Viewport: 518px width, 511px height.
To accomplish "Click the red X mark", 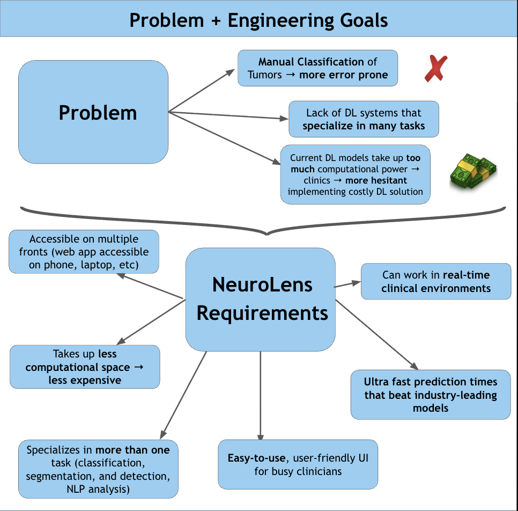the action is (436, 69).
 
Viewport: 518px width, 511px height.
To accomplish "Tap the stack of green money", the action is (473, 171).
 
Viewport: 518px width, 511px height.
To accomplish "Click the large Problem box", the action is (93, 112).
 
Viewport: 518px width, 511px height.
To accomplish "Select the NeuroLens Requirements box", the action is (261, 300).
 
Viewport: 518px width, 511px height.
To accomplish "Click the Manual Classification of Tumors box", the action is (318, 68).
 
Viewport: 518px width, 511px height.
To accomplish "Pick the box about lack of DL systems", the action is (364, 119).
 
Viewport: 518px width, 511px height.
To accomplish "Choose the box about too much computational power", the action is (356, 174).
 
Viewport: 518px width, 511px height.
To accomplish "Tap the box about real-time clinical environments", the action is (436, 281).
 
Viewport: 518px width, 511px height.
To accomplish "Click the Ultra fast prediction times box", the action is (431, 395).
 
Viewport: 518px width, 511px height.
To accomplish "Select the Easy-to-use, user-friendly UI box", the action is (298, 464).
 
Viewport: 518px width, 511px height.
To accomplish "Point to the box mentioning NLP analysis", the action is (98, 469).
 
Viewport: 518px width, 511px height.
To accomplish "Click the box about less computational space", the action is (85, 367).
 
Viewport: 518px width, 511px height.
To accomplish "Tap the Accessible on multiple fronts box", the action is (84, 252).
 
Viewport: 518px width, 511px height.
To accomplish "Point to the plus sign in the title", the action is (216, 21).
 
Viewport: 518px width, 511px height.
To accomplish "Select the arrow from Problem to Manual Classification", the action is (202, 91).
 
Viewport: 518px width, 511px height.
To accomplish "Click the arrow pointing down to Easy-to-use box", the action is (261, 396).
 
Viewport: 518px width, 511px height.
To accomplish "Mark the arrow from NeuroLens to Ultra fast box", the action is (377, 335).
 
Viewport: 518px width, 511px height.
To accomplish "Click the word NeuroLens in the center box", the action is (262, 285).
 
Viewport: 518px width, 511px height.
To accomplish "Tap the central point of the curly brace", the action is (267, 234).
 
